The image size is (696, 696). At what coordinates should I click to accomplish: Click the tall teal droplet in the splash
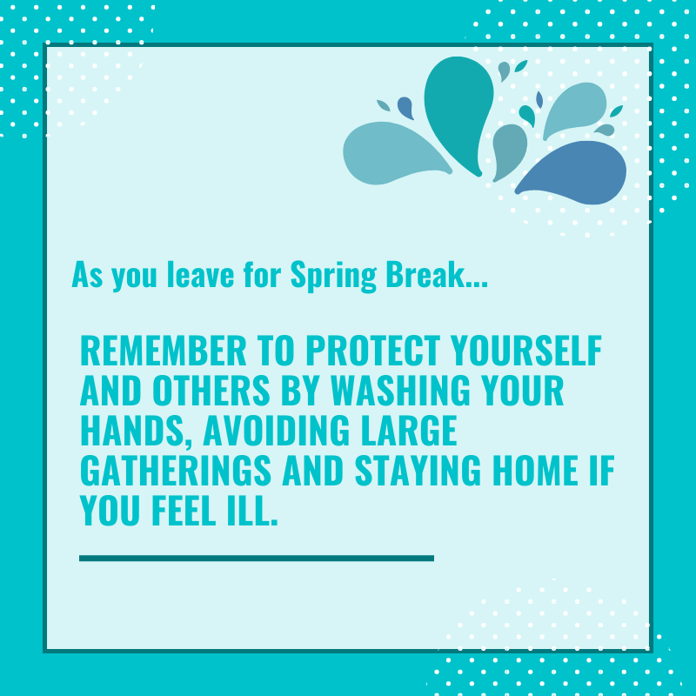point(458,109)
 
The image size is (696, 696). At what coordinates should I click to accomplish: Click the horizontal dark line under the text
point(256,558)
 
